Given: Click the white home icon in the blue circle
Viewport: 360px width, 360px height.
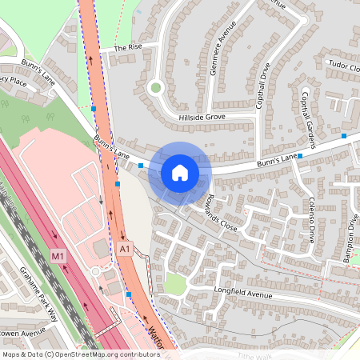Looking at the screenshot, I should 180,172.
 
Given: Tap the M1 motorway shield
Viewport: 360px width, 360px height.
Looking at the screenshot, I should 57,256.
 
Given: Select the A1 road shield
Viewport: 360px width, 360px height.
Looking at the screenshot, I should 125,250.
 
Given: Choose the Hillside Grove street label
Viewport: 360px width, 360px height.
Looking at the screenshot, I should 202,117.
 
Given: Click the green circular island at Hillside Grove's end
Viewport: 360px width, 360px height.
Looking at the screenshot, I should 155,87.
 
